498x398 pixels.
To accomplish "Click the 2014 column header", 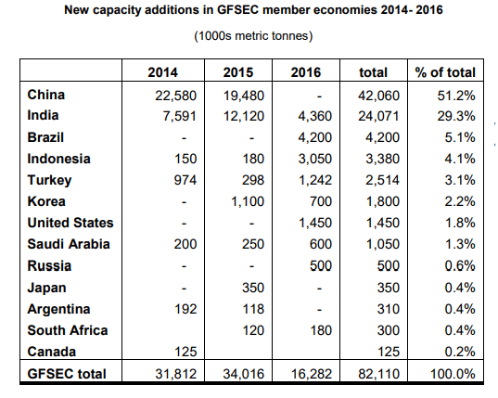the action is point(162,72).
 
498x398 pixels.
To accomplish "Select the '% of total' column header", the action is point(445,72).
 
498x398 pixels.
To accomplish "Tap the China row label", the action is point(46,95).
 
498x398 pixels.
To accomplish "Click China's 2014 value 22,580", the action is point(175,96).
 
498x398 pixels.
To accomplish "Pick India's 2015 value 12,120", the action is point(244,116).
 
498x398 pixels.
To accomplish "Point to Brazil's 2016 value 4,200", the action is point(314,137).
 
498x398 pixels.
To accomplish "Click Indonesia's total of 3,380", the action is point(382,159).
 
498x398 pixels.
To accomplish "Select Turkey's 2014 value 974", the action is point(185,180).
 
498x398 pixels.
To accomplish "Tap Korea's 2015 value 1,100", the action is point(248,201).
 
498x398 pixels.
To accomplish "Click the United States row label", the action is point(70,223).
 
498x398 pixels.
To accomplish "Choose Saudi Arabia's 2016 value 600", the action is point(321,244).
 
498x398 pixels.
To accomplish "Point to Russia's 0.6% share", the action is point(460,265).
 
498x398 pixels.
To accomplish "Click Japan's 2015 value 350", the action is point(253,288).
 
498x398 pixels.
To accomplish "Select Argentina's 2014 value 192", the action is point(185,309).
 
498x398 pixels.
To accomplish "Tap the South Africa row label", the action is point(68,330).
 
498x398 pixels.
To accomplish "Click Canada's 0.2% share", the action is point(460,352).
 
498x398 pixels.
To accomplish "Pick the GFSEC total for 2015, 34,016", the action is point(244,374).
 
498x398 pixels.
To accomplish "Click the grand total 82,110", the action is point(379,374).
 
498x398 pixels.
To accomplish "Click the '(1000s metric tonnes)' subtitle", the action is point(253,36).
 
